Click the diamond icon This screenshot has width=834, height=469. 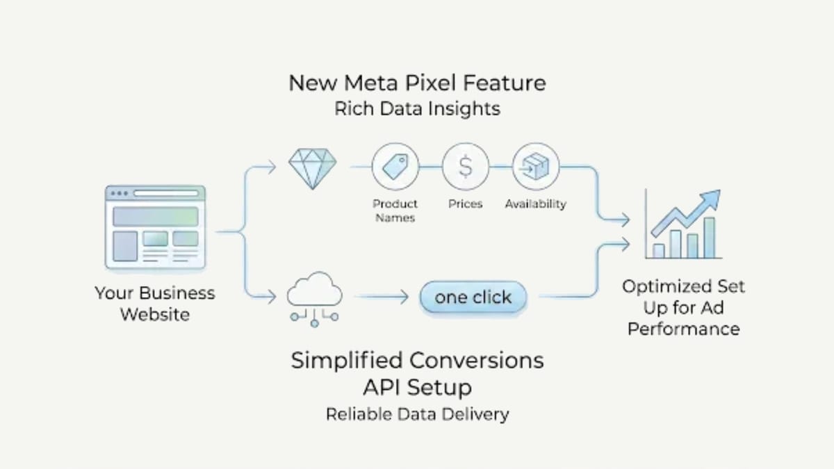[x=312, y=168]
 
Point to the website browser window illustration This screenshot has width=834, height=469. [x=155, y=226]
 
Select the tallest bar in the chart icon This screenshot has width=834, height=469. [x=709, y=238]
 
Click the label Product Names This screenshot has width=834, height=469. [x=395, y=211]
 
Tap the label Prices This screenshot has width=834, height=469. [x=465, y=204]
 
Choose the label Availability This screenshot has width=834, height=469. [x=535, y=204]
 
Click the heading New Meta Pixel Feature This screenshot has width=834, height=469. [x=417, y=83]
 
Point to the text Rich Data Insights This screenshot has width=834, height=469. [x=417, y=110]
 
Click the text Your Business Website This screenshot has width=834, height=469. [x=154, y=304]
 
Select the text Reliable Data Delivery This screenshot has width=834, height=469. [x=417, y=415]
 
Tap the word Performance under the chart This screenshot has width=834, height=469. [x=683, y=329]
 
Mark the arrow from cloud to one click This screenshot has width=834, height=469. [x=384, y=297]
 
